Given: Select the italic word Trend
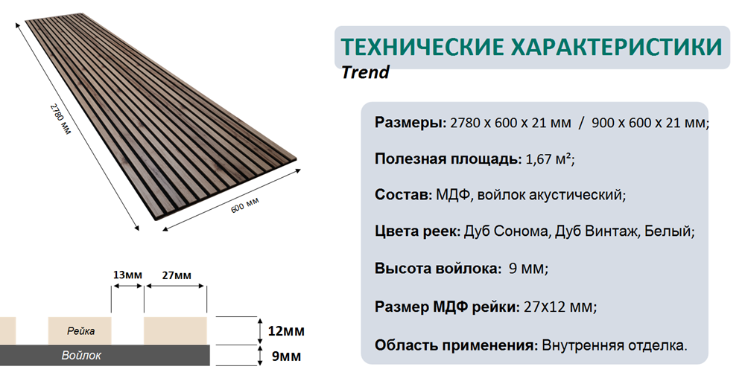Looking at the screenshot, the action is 365,72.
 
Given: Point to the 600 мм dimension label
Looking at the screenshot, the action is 244,205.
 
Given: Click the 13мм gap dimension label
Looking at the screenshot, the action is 127,275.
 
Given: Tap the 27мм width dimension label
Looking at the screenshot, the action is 177,275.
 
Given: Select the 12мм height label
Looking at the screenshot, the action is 286,330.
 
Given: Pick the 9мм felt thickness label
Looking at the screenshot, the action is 286,356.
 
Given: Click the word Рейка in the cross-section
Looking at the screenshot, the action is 80,331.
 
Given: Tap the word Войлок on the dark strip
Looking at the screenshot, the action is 81,355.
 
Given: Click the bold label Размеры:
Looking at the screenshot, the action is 410,123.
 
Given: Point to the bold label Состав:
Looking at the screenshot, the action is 403,195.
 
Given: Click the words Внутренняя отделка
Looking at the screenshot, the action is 615,345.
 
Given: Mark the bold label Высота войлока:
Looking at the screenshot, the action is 437,269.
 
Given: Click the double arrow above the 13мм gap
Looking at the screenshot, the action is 127,287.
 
